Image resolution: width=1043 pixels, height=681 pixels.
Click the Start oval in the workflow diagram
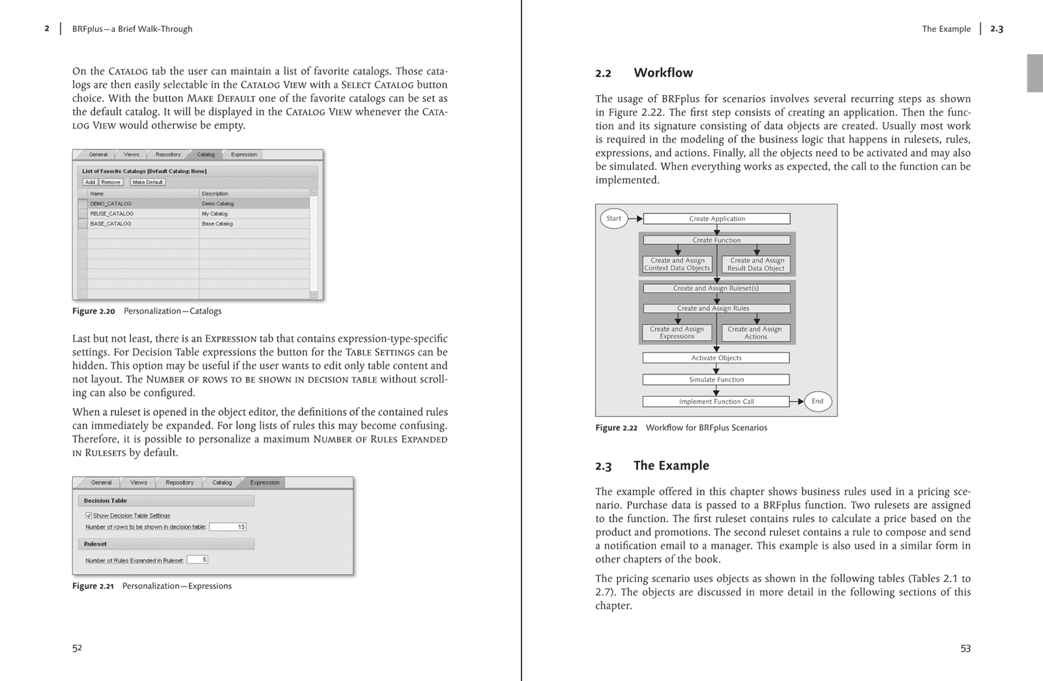point(613,218)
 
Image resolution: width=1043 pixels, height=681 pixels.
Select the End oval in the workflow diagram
point(817,401)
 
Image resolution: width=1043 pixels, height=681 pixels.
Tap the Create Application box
point(716,219)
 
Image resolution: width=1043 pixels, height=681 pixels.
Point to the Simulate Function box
point(716,379)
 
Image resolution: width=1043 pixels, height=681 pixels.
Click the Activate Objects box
point(716,358)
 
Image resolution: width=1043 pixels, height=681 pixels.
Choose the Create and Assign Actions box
point(756,333)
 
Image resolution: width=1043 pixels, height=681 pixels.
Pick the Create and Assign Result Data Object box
point(756,264)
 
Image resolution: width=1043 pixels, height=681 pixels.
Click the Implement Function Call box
point(716,401)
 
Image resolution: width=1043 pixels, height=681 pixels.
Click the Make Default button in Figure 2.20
point(147,182)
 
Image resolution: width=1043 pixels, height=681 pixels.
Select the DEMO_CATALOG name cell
point(111,203)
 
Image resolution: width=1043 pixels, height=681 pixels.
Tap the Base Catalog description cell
point(217,224)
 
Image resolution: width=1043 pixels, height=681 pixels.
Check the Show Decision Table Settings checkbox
point(89,515)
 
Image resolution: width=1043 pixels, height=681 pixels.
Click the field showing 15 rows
point(228,527)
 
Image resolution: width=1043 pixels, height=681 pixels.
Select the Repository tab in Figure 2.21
point(179,483)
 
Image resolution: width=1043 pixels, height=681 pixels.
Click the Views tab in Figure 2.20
point(132,154)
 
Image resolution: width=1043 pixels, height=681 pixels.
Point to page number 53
point(965,648)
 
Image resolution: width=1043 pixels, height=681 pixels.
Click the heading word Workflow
point(663,73)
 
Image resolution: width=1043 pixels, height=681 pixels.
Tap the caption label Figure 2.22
point(616,428)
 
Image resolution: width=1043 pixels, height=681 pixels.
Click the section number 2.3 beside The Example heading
point(604,467)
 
